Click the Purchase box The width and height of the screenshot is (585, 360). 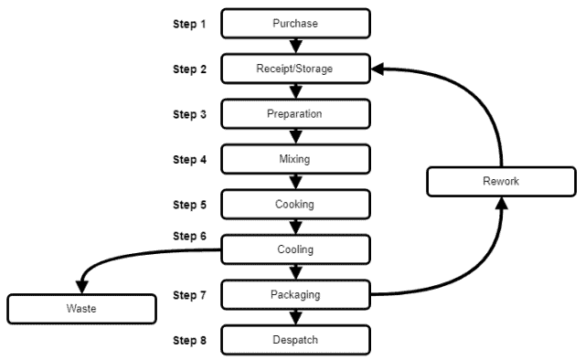(x=295, y=23)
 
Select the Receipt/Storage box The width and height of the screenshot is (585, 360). (x=295, y=69)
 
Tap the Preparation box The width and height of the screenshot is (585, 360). (x=295, y=114)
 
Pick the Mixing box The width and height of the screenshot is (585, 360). (x=295, y=159)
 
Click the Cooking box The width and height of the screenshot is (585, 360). (x=295, y=205)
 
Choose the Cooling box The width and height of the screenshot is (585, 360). (x=295, y=249)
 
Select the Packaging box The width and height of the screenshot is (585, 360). (x=295, y=295)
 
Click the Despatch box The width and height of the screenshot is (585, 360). (x=295, y=341)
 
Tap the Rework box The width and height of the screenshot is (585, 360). (x=501, y=182)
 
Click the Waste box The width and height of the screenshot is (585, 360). (x=80, y=309)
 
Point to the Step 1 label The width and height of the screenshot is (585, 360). (x=190, y=24)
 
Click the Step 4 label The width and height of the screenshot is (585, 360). (x=190, y=160)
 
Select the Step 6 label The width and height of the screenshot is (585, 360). (x=190, y=236)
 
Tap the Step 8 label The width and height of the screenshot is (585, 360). (x=190, y=341)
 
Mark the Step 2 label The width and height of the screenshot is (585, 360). (x=190, y=69)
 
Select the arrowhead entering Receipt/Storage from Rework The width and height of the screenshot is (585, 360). (x=378, y=69)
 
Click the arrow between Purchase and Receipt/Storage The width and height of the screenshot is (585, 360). (x=295, y=46)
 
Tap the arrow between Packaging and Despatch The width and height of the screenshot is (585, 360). (x=295, y=317)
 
